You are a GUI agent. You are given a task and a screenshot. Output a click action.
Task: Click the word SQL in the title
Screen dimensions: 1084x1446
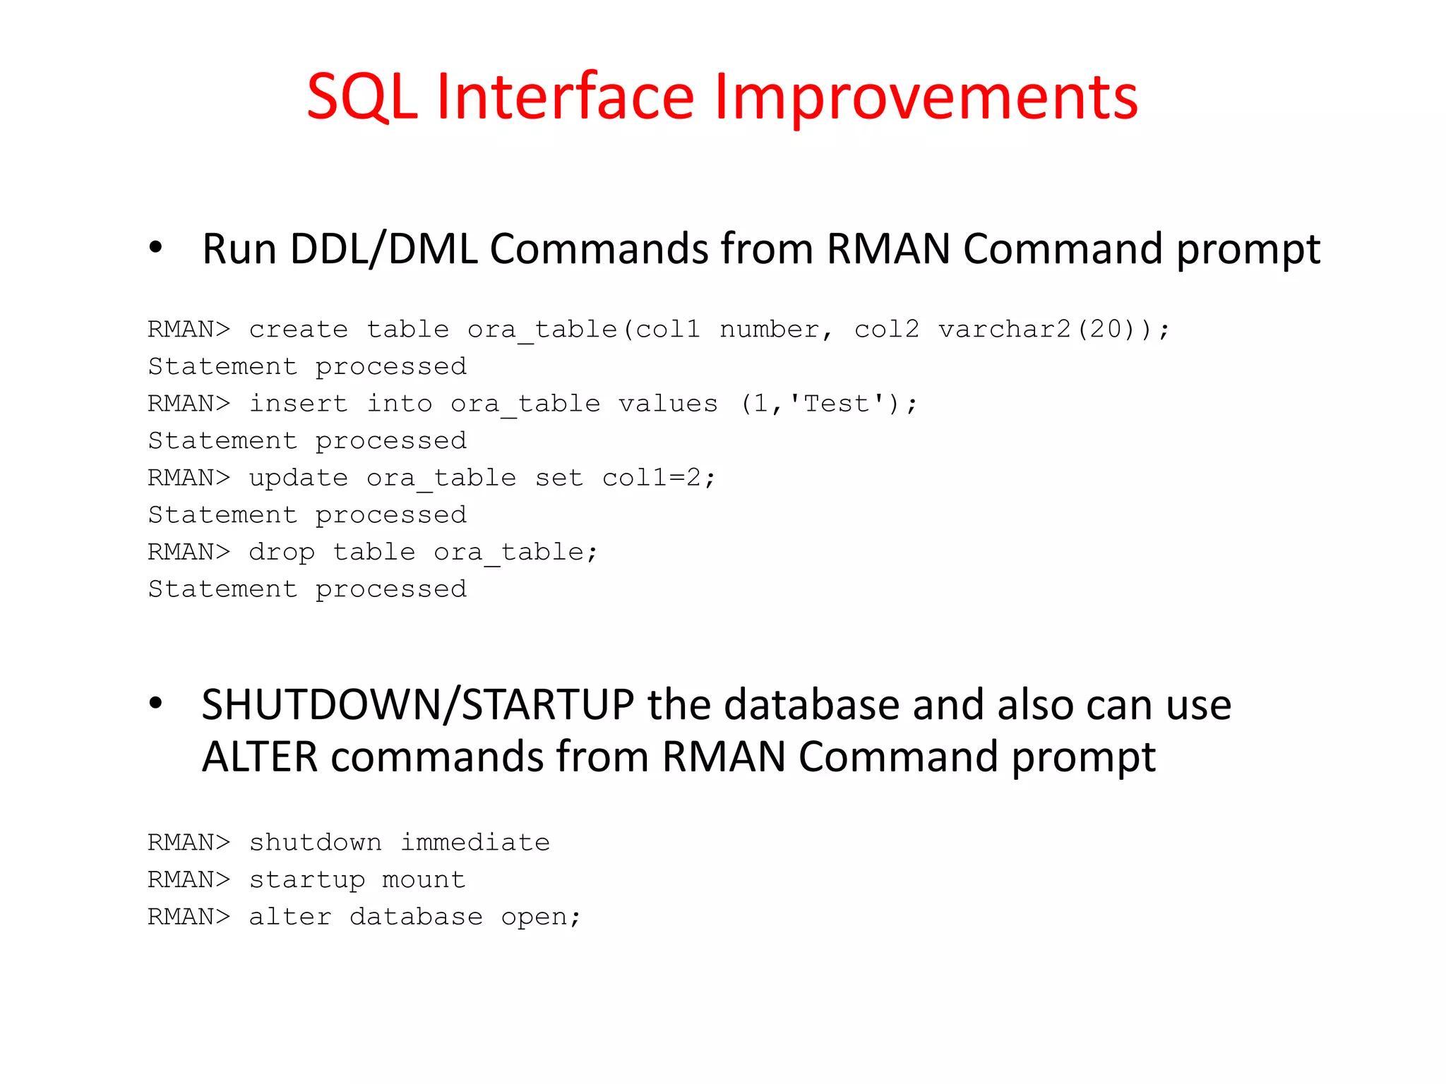(361, 97)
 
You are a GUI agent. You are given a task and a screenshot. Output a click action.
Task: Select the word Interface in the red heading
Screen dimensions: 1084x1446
(566, 97)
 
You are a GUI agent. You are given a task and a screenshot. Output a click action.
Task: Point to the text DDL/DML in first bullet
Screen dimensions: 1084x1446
(383, 248)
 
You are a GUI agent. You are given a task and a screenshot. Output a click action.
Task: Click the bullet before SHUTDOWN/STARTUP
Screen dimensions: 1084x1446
(156, 704)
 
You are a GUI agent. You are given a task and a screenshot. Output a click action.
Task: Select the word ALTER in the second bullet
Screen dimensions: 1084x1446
(260, 757)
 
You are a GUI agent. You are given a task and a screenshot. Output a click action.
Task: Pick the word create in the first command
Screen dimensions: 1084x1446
(299, 329)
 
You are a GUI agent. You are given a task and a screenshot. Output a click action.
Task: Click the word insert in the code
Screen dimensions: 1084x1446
(299, 403)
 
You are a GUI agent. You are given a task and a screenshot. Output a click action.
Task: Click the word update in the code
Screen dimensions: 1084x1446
(299, 478)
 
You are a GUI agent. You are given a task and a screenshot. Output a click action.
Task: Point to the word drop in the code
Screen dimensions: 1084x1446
(282, 552)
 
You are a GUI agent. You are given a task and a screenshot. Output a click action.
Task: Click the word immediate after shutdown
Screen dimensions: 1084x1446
(475, 842)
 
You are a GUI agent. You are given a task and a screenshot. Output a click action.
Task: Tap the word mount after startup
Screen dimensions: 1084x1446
(424, 879)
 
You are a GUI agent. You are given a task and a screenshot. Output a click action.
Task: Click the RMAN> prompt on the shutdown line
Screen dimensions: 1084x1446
(189, 842)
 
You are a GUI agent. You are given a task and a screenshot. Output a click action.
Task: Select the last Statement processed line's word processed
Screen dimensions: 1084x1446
(390, 589)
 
